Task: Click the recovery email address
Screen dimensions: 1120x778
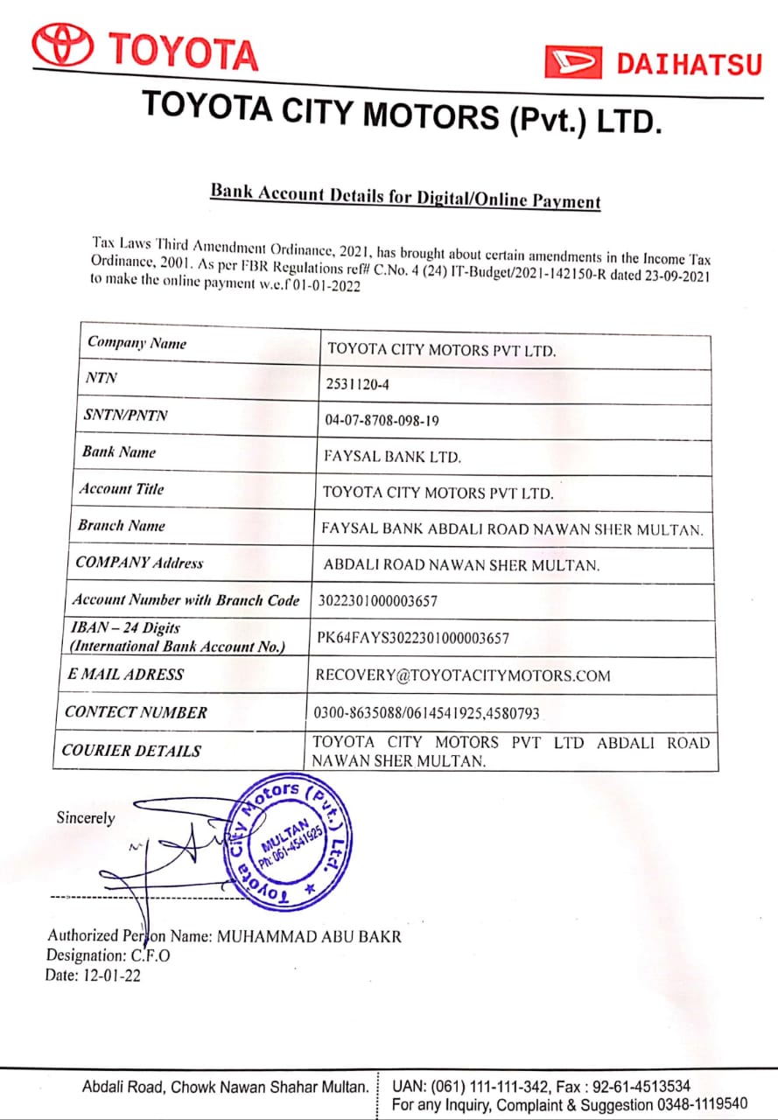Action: [x=463, y=675]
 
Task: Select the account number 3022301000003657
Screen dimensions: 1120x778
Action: [x=377, y=601]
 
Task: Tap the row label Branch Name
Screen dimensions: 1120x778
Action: [x=121, y=526]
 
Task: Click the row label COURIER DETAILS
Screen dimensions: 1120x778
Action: [x=131, y=751]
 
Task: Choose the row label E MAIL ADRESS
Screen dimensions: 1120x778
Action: [x=125, y=675]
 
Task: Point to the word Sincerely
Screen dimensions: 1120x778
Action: [x=86, y=818]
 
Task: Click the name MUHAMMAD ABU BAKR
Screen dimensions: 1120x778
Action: [x=309, y=936]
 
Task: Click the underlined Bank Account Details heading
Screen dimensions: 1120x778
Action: [x=405, y=197]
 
